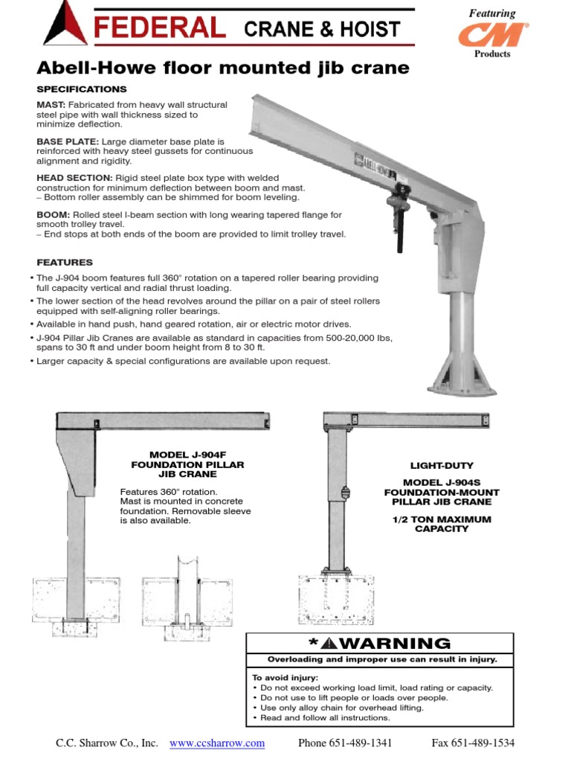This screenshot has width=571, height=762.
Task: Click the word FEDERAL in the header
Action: click(x=159, y=29)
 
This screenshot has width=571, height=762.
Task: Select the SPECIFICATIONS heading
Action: click(x=82, y=89)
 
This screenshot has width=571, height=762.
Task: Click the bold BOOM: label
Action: click(x=52, y=214)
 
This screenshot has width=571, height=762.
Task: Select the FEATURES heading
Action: click(x=65, y=262)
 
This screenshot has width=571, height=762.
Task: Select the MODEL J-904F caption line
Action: click(x=187, y=454)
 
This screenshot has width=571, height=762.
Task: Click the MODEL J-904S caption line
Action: click(x=442, y=482)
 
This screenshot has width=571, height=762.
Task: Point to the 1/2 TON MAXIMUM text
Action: click(x=442, y=519)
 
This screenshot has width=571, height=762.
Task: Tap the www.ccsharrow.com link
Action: click(x=217, y=743)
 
